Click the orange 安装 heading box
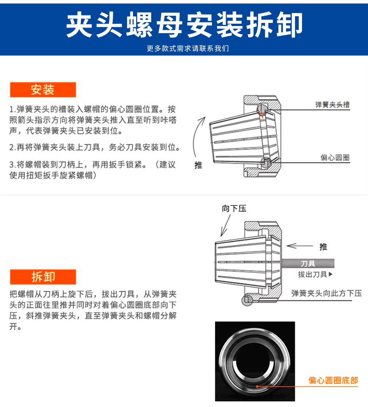(x=43, y=90)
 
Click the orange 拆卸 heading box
(x=43, y=277)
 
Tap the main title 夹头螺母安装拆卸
(x=184, y=24)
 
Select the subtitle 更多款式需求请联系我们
(x=188, y=48)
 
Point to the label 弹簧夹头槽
(x=332, y=104)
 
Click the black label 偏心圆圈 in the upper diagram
(x=335, y=158)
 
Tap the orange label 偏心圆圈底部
(x=333, y=381)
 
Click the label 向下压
(x=234, y=209)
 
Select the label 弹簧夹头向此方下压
(x=327, y=293)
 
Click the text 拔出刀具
(x=312, y=274)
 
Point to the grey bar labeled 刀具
(x=308, y=263)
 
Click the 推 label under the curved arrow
(x=198, y=165)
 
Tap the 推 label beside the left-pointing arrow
(x=323, y=247)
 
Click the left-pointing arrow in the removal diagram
(x=300, y=245)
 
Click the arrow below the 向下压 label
(x=226, y=225)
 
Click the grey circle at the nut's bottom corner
(x=247, y=300)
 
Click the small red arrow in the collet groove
(x=262, y=113)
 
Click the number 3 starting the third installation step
(x=12, y=165)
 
